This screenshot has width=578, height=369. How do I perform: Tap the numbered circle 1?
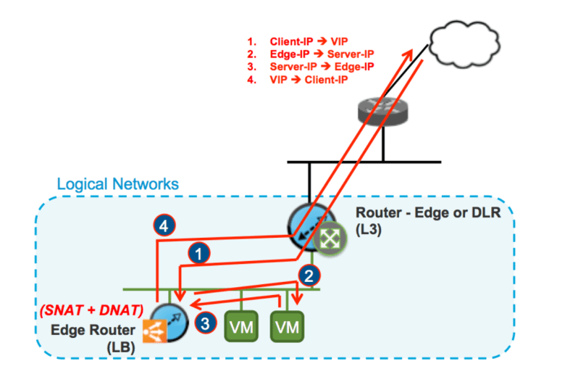197,253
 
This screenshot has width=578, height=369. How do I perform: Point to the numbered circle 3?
207,323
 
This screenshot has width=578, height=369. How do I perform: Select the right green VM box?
288,326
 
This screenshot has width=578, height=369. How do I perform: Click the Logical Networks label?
117,184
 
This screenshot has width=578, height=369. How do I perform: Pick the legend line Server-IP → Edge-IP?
322,67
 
